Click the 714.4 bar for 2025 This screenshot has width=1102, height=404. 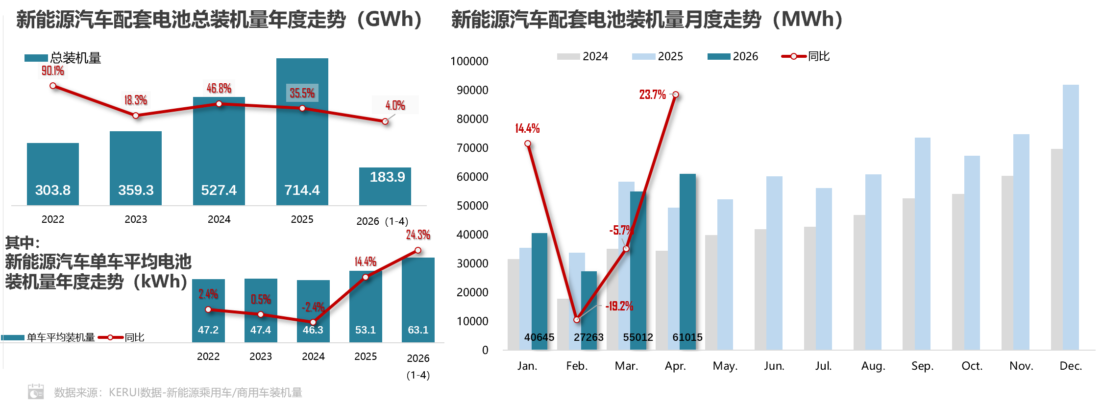coord(302,131)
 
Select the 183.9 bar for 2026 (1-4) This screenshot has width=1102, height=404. coord(385,186)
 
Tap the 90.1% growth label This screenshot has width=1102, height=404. coord(52,71)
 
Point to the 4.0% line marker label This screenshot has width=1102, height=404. coord(395,105)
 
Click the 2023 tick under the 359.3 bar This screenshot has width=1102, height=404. coord(136,219)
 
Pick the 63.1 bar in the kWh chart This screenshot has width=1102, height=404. coord(418,300)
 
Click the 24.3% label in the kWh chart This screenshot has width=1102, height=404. coord(418,235)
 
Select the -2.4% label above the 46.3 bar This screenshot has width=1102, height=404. coord(313,307)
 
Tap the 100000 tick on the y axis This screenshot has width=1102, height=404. coord(469,61)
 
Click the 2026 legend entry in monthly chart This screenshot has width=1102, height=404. coord(733,56)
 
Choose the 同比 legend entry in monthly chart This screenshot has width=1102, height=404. coord(806,56)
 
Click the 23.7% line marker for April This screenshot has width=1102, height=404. coord(675,95)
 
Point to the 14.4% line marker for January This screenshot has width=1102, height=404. coord(527,143)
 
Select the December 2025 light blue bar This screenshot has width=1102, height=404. coord(1071,217)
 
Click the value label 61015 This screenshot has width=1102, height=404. coord(687,337)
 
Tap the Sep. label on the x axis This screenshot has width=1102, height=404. coord(922,366)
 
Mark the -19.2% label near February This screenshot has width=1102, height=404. coord(619,307)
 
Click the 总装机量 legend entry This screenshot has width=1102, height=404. coord(63,58)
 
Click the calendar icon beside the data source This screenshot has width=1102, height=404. coord(36,392)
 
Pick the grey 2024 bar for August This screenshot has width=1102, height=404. coord(859,283)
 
